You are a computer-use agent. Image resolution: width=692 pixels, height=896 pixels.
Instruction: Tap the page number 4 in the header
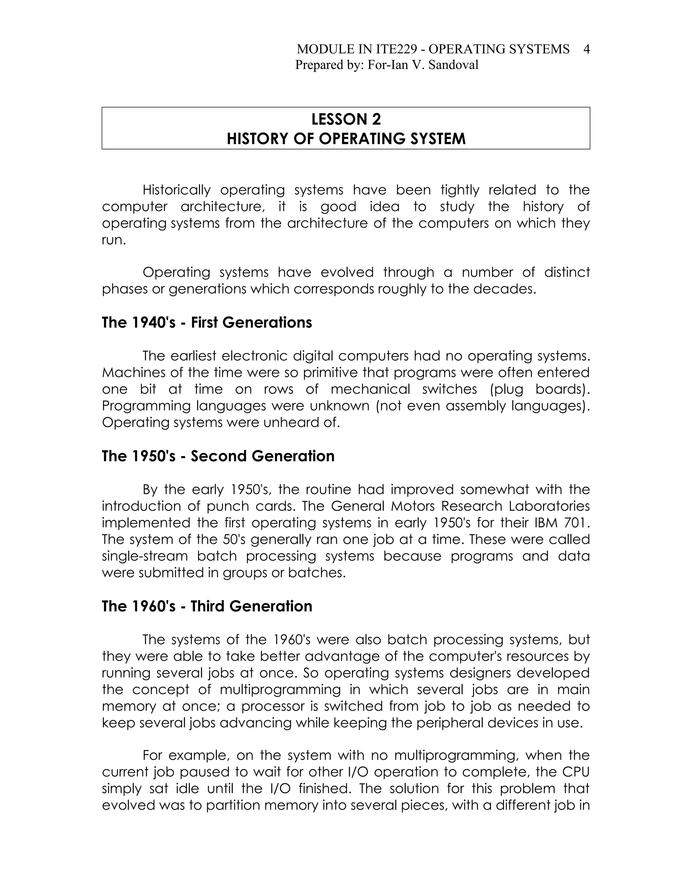point(586,49)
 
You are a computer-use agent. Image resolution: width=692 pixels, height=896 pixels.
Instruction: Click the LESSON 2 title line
point(346,119)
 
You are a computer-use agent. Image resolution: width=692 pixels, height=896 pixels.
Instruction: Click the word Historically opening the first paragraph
point(176,190)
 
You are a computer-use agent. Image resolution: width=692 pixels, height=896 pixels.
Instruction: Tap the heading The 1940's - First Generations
point(206,323)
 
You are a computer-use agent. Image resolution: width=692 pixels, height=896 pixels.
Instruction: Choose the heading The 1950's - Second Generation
point(218,456)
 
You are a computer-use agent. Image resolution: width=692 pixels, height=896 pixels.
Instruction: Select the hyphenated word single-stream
point(145,556)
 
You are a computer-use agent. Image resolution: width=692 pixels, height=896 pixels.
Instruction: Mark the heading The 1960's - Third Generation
point(207,606)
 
